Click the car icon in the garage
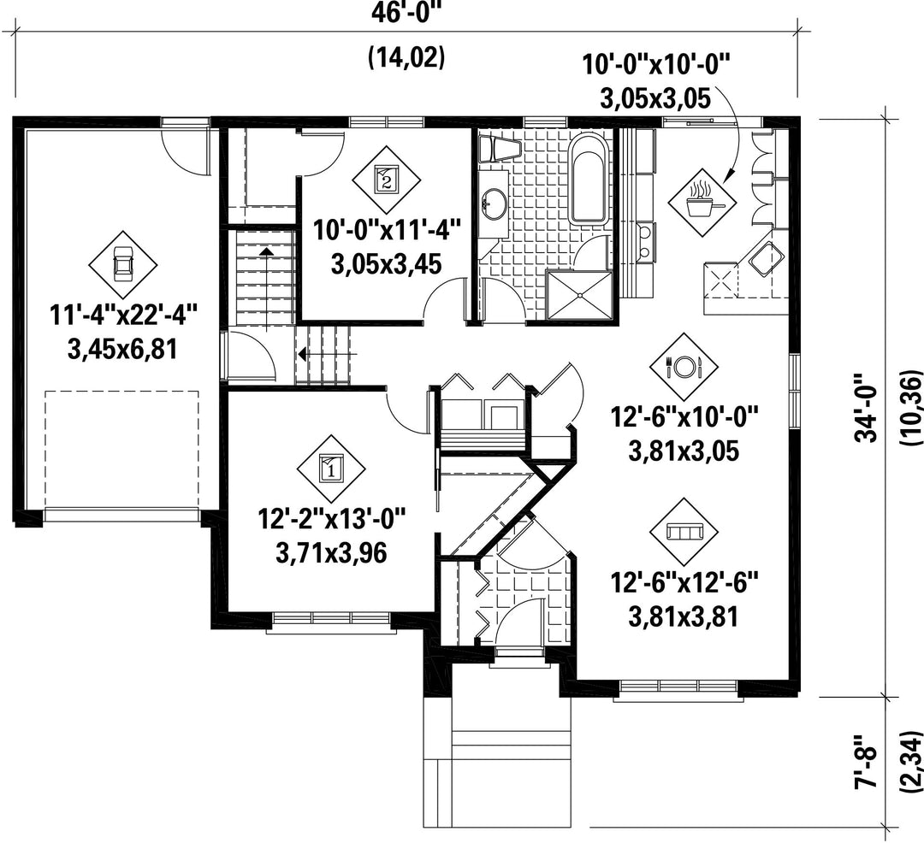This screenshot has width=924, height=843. click(123, 264)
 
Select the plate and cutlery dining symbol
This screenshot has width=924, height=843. click(684, 367)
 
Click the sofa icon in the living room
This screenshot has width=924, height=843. click(684, 532)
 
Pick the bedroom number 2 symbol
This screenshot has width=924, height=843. click(386, 180)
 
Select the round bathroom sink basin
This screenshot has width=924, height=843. click(494, 203)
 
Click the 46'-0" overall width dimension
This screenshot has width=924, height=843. click(406, 11)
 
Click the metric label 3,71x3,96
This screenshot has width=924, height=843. click(330, 553)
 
